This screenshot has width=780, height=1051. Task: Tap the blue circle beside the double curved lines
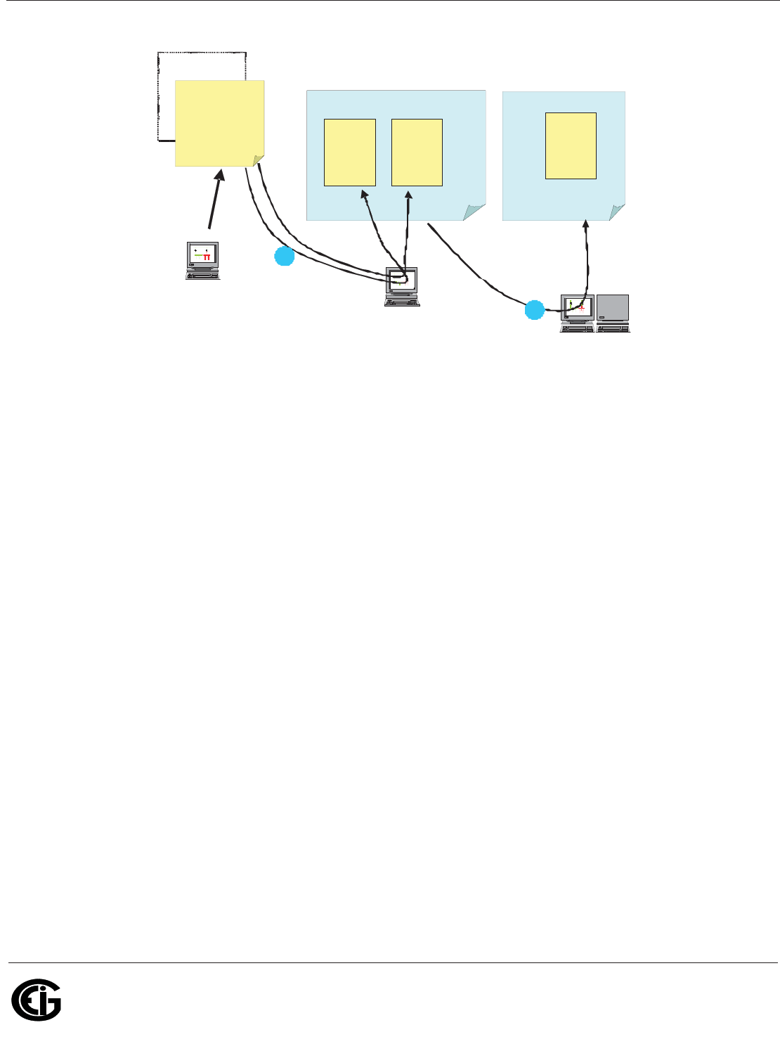click(284, 257)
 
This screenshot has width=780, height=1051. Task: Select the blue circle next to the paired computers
click(535, 310)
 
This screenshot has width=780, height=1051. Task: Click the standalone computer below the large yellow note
click(202, 260)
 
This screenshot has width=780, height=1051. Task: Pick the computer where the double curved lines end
click(403, 286)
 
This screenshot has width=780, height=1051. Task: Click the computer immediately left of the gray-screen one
click(578, 313)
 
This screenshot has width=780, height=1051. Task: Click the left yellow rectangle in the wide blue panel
click(349, 152)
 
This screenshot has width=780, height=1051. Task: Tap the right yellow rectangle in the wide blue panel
click(417, 152)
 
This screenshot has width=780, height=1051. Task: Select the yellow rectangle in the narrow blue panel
click(571, 146)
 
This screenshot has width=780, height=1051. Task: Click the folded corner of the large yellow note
click(259, 161)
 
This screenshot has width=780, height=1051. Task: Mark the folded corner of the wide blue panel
click(474, 212)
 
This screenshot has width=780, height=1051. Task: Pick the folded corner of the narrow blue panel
click(618, 212)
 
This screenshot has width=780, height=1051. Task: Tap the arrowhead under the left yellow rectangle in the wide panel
click(364, 193)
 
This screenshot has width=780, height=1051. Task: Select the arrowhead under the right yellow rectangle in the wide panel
click(408, 193)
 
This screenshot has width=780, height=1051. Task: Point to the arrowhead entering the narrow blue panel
click(586, 225)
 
